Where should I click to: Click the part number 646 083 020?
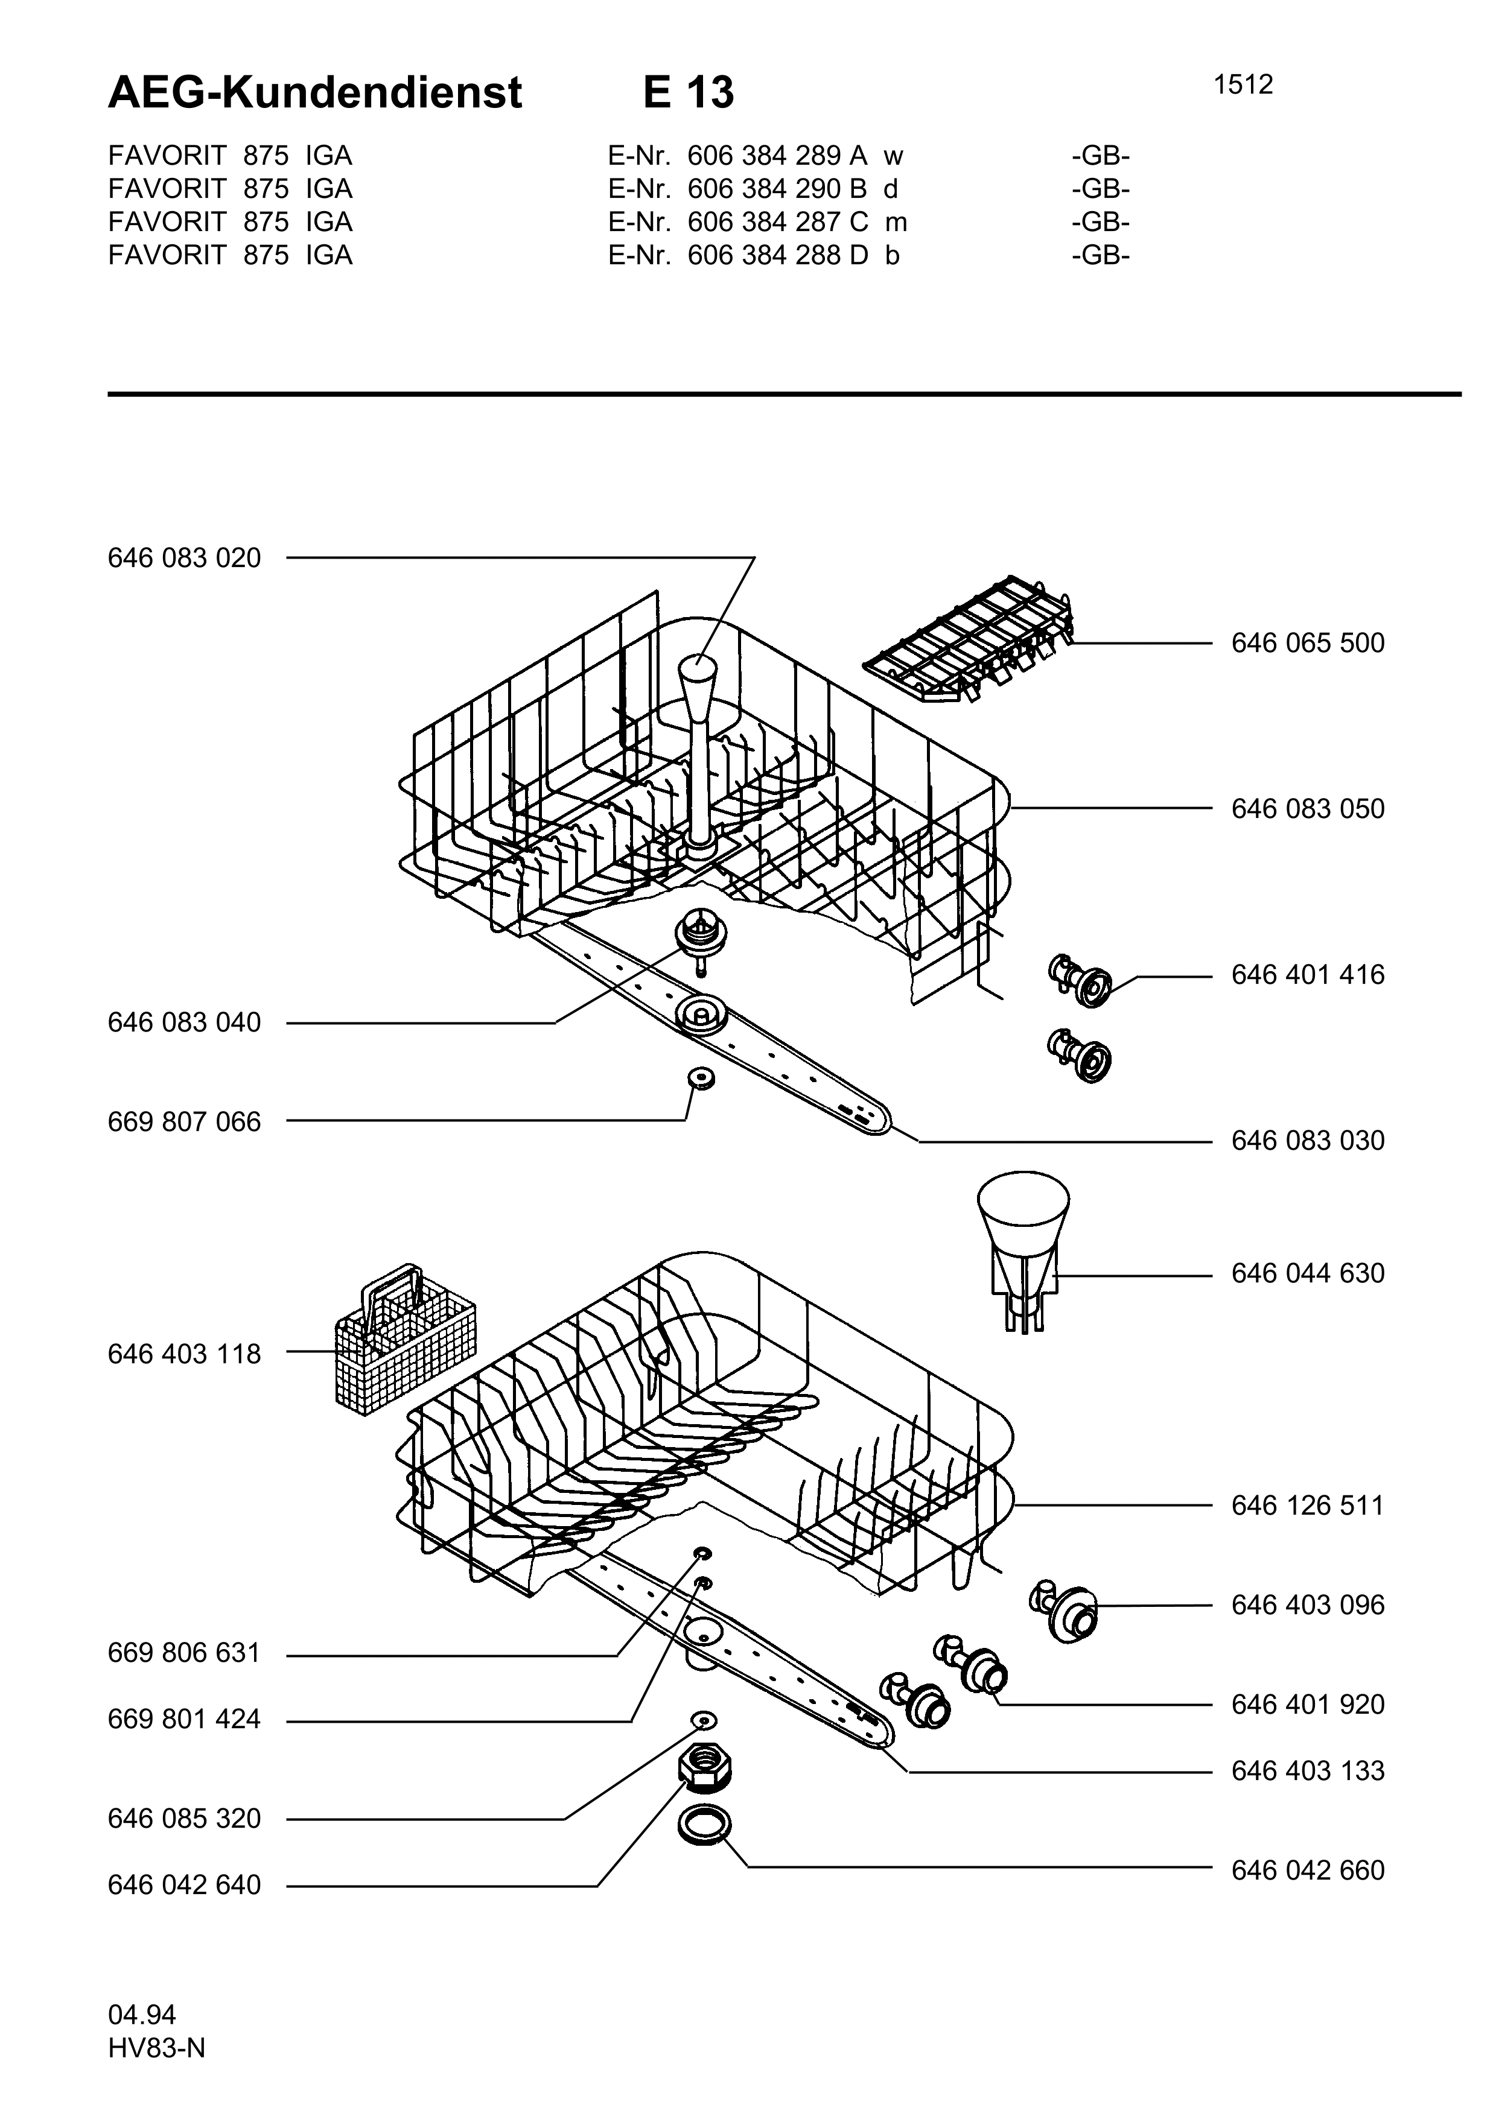tap(184, 559)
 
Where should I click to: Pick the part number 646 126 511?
tap(1307, 1506)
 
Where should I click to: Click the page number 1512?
tap(1243, 85)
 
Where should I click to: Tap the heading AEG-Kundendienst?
tap(315, 92)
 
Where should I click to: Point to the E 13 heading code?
tap(689, 92)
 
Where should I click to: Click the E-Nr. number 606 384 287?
tap(764, 222)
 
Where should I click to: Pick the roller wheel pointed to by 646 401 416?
tap(1080, 981)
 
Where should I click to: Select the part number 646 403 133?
tap(1307, 1772)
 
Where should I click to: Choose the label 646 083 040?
tap(184, 1023)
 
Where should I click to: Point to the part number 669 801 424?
tap(184, 1720)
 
